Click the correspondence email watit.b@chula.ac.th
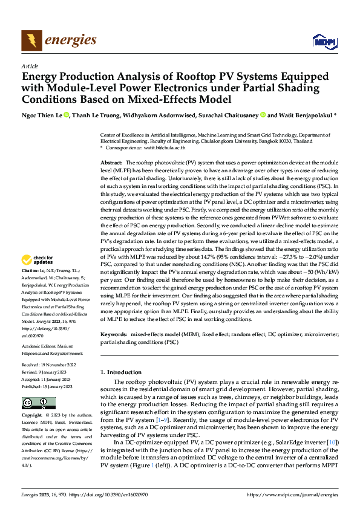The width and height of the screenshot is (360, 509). [x=166, y=148]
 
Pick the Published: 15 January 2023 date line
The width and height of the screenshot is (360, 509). [x=48, y=386]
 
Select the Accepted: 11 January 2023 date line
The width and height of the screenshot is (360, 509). [x=47, y=380]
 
